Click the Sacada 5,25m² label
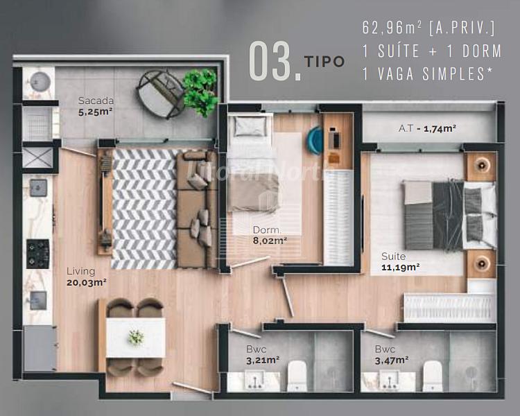[96, 106]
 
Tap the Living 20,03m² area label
[86, 277]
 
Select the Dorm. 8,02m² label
[270, 235]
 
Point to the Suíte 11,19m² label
[401, 261]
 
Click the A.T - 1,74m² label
[427, 128]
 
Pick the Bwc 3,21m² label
[263, 354]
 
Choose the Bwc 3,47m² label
[392, 354]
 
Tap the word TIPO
[324, 62]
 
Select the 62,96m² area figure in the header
[392, 28]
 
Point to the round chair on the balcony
[161, 94]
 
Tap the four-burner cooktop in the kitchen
[38, 254]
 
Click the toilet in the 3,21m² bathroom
[297, 376]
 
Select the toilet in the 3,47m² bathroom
[433, 376]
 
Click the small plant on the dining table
[136, 338]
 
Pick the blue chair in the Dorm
[315, 140]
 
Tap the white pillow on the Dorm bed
[250, 126]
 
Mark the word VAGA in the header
[396, 73]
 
